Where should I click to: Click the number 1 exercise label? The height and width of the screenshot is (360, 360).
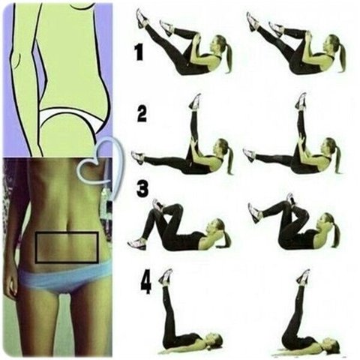(139, 52)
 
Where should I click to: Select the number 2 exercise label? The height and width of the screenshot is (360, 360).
(142, 114)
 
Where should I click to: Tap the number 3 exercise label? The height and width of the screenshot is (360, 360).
(142, 189)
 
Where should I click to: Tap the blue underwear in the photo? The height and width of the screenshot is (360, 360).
(65, 277)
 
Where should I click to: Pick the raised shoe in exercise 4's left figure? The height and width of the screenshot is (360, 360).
(166, 277)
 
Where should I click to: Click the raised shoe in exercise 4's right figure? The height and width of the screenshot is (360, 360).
(303, 277)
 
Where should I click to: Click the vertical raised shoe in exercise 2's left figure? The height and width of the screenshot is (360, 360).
(195, 101)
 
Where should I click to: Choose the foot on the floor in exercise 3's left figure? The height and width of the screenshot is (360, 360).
(137, 244)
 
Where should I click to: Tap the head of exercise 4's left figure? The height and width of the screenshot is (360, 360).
(215, 340)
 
